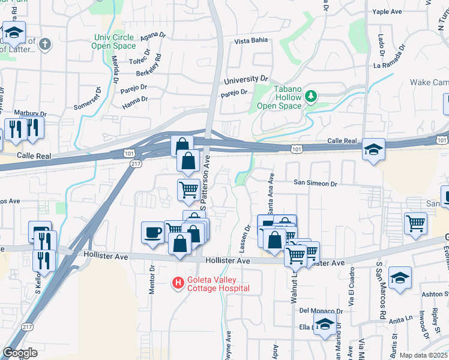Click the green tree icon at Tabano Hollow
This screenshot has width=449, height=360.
coord(311,95)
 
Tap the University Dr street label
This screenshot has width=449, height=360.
coord(246,79)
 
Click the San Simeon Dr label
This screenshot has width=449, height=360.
coord(315,183)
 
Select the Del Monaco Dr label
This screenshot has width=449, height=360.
coord(321,311)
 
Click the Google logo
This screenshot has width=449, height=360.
coord(20,353)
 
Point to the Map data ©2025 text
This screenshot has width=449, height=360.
coord(423,355)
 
